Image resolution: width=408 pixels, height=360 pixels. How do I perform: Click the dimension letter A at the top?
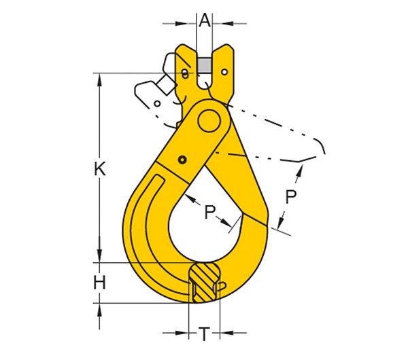(205, 20)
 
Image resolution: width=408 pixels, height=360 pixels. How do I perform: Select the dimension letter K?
(100, 170)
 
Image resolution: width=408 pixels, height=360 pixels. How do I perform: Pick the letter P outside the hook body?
(291, 197)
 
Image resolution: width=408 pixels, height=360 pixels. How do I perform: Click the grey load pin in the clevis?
(205, 65)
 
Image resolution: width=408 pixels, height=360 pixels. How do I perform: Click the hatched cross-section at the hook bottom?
(203, 281)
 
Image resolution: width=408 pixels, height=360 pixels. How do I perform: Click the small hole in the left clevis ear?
(186, 73)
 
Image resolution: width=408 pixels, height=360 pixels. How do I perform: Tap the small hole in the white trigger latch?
(158, 104)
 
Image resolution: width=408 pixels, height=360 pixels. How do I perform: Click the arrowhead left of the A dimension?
(192, 23)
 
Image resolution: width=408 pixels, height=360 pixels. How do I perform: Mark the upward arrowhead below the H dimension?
(100, 308)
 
